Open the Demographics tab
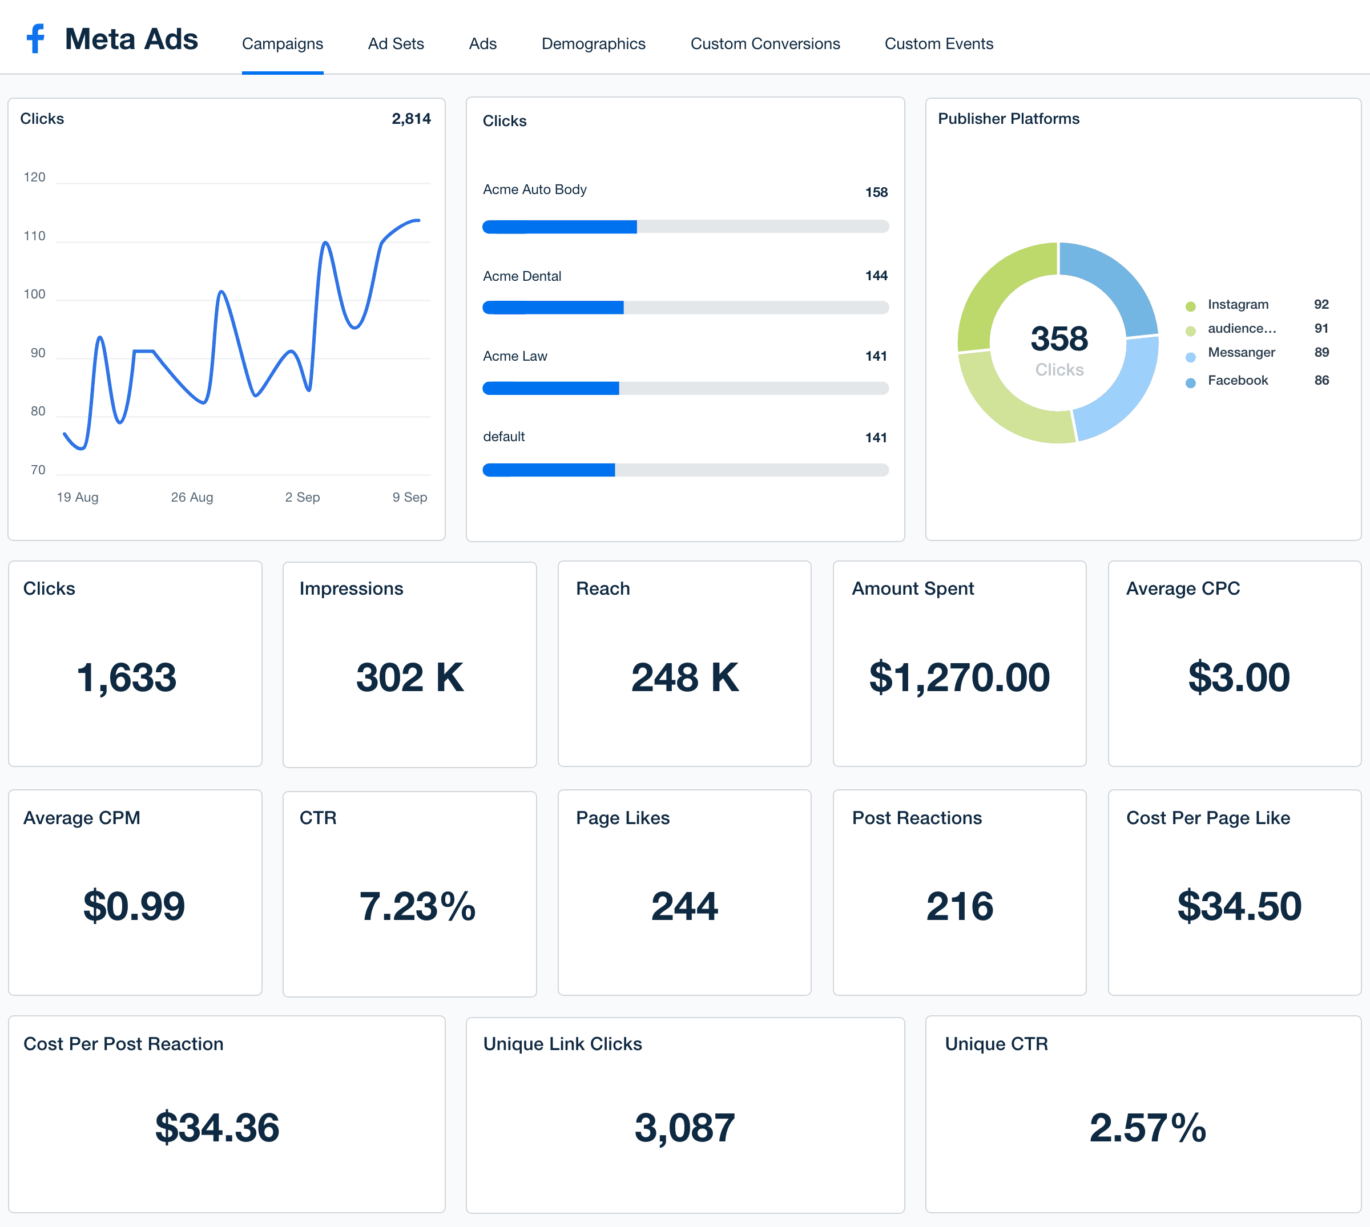(x=593, y=44)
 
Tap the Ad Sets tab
(x=395, y=44)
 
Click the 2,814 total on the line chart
(x=410, y=119)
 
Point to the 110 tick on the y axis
(x=34, y=236)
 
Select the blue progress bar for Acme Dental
(x=553, y=308)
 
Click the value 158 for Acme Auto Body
(x=876, y=192)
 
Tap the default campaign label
(x=503, y=436)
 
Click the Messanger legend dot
(x=1190, y=357)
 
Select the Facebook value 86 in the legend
(x=1321, y=380)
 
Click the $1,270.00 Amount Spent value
(x=959, y=677)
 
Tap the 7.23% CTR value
(x=417, y=906)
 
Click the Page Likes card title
(x=622, y=818)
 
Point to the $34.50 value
(x=1239, y=906)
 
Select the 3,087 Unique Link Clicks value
(x=684, y=1127)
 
